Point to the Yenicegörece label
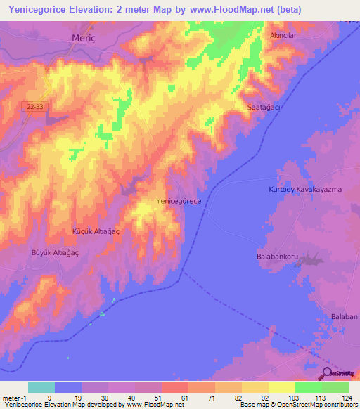(x=179, y=201)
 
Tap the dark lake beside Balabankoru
(x=308, y=262)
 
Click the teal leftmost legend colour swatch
(x=41, y=387)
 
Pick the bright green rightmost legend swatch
(x=335, y=387)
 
